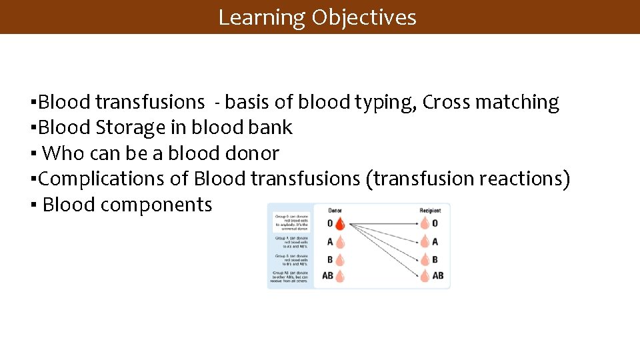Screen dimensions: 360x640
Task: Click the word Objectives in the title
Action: (363, 17)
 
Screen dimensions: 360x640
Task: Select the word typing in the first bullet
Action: (377, 102)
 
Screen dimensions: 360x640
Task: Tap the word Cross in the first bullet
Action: (445, 102)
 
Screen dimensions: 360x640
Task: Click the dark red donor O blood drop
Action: (339, 223)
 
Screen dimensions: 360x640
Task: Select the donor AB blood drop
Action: (340, 275)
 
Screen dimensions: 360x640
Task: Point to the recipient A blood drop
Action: (425, 241)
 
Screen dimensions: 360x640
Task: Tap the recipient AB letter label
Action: (438, 275)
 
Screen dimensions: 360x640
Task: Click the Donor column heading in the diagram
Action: (335, 211)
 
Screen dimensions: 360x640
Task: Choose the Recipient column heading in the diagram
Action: (430, 211)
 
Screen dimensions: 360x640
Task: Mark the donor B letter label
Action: (330, 259)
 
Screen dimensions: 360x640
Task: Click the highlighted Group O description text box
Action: (291, 223)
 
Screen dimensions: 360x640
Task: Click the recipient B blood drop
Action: (425, 259)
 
